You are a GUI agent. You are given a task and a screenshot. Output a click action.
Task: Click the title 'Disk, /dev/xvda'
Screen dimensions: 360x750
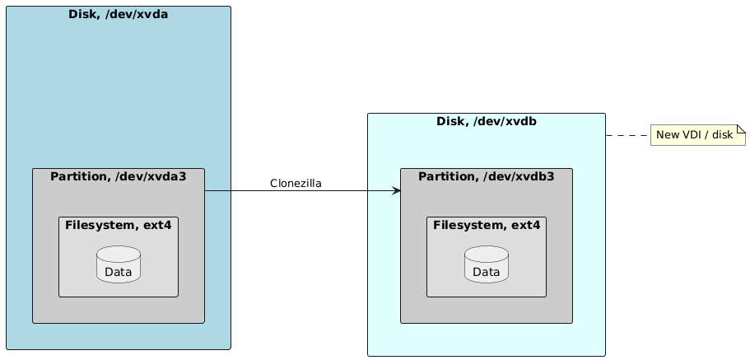click(119, 14)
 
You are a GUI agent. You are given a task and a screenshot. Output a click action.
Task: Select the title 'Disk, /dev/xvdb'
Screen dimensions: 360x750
click(487, 122)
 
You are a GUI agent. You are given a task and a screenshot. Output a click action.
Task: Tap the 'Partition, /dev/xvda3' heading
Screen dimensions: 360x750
click(119, 176)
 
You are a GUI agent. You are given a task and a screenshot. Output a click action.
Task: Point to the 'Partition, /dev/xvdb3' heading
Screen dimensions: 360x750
click(487, 176)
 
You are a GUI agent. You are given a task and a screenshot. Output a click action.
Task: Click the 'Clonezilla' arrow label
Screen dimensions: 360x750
click(296, 183)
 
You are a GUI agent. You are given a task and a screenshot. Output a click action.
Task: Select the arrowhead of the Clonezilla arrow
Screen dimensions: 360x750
click(396, 191)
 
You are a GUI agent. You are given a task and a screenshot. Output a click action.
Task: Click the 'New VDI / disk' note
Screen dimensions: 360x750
click(697, 135)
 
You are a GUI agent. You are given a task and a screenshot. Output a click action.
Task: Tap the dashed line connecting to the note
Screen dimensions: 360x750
click(628, 135)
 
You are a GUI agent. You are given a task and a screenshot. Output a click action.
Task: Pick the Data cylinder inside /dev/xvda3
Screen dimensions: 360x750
click(119, 264)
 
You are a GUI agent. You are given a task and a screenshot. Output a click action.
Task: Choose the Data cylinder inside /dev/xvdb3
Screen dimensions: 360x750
click(487, 264)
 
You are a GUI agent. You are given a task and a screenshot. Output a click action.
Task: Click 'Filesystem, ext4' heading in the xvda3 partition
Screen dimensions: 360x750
click(119, 225)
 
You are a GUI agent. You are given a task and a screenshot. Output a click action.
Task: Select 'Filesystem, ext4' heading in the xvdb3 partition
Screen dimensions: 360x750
click(487, 225)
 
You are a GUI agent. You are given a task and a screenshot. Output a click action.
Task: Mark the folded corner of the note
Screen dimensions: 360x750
click(741, 129)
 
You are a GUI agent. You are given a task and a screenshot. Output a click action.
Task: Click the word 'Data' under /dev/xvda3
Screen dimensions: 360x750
click(119, 272)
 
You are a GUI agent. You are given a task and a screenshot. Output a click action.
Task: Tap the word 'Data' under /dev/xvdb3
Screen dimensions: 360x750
click(487, 272)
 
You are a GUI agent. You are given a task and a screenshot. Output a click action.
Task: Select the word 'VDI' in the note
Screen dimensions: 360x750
click(693, 135)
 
